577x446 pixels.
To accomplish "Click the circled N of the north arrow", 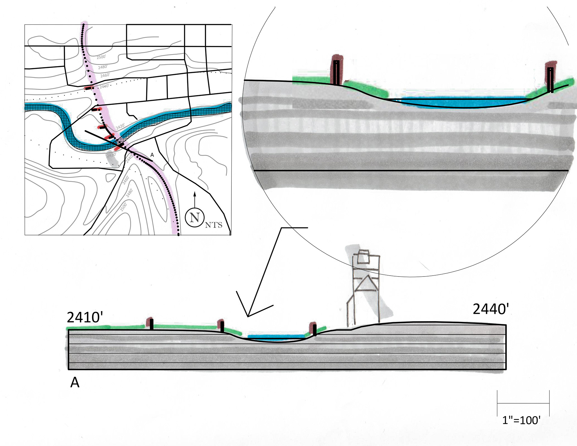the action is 195,217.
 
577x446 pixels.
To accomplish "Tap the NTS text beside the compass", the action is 214,225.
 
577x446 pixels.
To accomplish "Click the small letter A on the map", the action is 152,155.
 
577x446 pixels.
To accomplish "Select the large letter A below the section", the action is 75,383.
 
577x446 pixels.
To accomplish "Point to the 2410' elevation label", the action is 85,317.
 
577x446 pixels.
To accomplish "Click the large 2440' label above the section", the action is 491,309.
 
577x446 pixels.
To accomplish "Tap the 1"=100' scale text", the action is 521,420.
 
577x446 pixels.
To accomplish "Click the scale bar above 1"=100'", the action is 523,403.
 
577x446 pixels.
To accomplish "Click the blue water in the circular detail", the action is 463,102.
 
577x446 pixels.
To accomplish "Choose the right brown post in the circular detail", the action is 551,77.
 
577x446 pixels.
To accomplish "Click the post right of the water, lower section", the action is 314,329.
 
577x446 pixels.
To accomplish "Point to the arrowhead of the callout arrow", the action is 248,316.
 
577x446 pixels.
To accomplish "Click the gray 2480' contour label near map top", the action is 102,67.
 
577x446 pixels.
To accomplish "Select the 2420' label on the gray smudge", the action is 111,155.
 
